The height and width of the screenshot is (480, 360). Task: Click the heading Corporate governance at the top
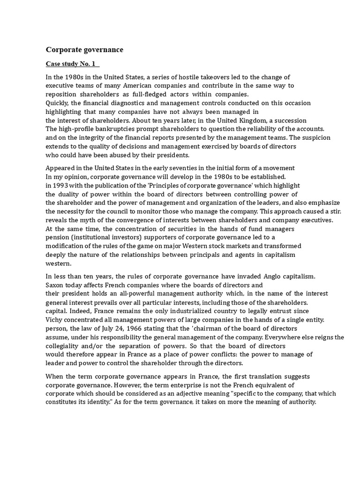(x=84, y=49)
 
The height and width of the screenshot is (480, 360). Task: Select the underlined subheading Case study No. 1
(x=72, y=64)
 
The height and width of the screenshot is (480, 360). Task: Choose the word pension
(x=58, y=237)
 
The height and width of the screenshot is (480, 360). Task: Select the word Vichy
(x=54, y=320)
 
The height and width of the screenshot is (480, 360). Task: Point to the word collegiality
(x=65, y=346)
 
